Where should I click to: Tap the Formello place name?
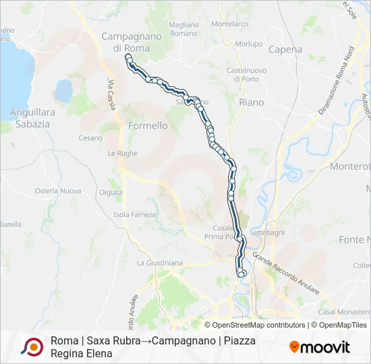tap(147, 125)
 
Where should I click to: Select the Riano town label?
tap(252, 102)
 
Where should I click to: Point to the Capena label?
tap(285, 49)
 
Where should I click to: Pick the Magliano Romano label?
tap(184, 29)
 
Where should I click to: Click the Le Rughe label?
tap(122, 153)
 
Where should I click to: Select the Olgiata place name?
tap(110, 192)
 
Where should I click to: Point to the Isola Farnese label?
tap(135, 214)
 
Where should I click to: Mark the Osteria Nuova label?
tap(57, 191)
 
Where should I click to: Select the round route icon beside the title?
tap(31, 346)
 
